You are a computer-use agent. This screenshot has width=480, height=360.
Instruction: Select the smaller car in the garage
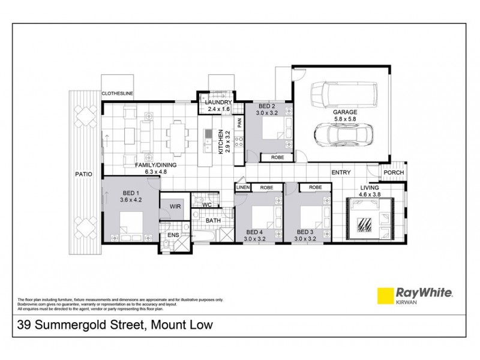tap(349, 136)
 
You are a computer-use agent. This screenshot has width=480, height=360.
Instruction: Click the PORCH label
tap(394, 173)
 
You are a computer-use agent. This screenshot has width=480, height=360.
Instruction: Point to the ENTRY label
tap(341, 173)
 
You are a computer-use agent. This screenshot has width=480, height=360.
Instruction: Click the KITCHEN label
tap(221, 142)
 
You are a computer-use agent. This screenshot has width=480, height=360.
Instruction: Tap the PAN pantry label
tap(239, 122)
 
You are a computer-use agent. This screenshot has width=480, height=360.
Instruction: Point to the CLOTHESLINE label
tap(117, 94)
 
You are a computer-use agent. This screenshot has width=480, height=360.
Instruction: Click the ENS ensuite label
tap(172, 235)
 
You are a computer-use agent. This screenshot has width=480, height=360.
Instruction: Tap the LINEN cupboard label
tap(242, 188)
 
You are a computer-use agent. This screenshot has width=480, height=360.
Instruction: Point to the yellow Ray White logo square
tap(383, 296)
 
